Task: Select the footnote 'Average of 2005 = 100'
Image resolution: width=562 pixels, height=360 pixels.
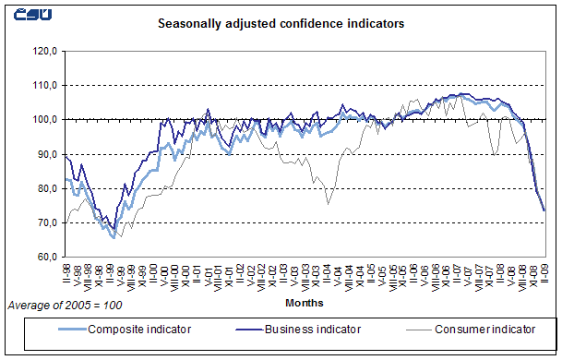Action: [x=65, y=304]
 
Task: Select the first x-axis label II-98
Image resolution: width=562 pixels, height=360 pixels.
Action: [x=67, y=274]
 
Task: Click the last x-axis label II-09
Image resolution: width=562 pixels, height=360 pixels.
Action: [x=544, y=274]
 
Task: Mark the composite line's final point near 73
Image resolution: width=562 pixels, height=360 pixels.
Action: [x=544, y=210]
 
